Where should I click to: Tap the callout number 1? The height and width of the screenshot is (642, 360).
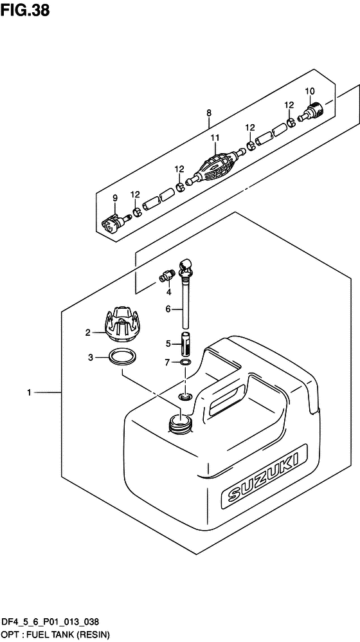30,392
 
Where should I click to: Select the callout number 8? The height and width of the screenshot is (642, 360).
209,114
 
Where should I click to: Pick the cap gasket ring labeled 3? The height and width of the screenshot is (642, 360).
122,357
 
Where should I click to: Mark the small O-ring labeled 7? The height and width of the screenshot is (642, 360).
185,364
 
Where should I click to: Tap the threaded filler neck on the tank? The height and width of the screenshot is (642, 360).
179,422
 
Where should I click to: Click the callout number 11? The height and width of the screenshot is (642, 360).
215,138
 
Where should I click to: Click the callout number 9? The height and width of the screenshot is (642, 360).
115,197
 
